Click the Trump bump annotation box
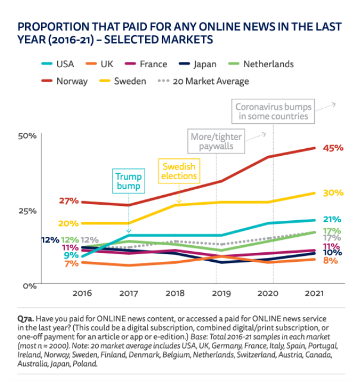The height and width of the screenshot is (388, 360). click(x=129, y=182)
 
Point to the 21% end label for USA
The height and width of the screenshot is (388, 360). click(x=331, y=219)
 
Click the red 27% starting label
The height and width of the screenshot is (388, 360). click(x=68, y=201)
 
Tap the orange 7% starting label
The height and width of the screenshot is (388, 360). click(x=71, y=263)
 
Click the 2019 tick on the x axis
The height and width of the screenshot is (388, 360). click(x=221, y=293)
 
